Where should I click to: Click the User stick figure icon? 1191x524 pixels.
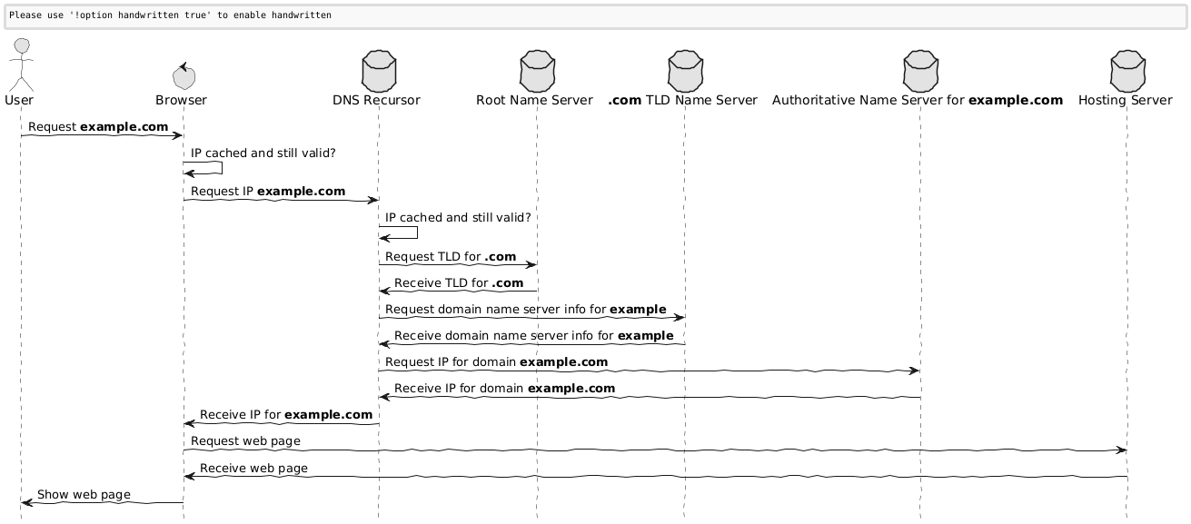[21, 64]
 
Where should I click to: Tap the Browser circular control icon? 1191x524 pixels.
[184, 76]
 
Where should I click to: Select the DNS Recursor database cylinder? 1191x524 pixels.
[379, 71]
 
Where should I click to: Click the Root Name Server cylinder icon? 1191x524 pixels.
[537, 71]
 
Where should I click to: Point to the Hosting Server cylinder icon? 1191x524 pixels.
[1127, 71]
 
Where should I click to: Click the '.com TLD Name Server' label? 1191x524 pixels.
[682, 101]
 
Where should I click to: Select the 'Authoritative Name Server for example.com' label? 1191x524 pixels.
[918, 101]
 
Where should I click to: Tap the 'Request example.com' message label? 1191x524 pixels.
[98, 127]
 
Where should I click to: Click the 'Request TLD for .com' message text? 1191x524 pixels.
[451, 257]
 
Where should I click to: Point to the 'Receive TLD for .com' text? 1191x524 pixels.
[459, 283]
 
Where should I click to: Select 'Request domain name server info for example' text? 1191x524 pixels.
[525, 310]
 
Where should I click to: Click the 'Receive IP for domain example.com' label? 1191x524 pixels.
[504, 389]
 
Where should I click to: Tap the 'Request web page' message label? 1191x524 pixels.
[245, 441]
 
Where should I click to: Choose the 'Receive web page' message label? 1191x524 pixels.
[253, 469]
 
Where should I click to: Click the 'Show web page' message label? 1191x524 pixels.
[84, 495]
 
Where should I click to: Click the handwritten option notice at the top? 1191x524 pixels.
[170, 15]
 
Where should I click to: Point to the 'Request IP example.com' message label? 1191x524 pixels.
[268, 192]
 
